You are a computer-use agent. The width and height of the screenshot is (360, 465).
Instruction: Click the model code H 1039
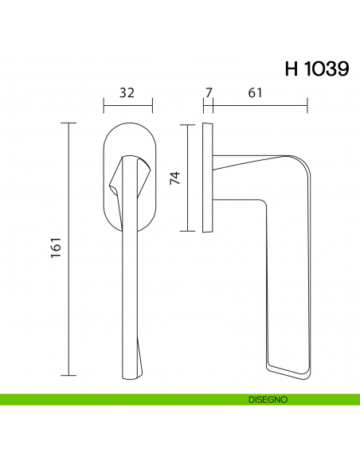click(x=316, y=68)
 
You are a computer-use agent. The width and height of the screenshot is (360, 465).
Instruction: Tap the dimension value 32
click(x=127, y=92)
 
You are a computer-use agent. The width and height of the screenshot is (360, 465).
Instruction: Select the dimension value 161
click(x=55, y=249)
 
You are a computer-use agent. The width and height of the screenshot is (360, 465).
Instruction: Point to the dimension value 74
click(x=176, y=178)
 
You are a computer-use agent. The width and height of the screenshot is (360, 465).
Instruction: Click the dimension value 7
click(x=208, y=92)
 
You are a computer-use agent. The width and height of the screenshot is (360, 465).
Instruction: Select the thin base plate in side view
click(x=208, y=178)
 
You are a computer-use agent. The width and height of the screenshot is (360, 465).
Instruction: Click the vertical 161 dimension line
click(x=70, y=249)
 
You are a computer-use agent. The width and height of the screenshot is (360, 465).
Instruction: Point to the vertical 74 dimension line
click(x=188, y=178)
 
